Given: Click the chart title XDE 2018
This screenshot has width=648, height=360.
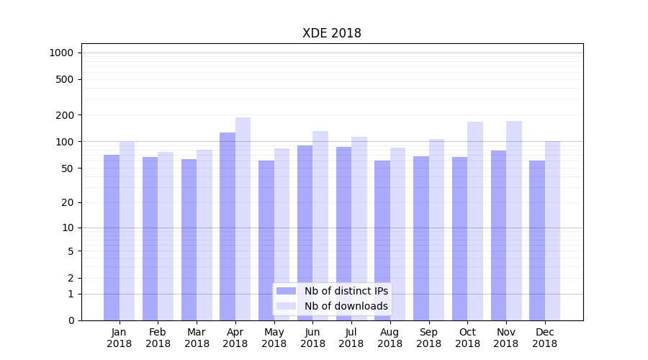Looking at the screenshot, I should click(331, 33).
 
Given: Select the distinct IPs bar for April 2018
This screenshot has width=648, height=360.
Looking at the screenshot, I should click(228, 226).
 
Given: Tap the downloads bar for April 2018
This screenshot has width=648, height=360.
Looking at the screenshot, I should click(243, 219).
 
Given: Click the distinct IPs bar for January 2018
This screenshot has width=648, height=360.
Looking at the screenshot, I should click(112, 238).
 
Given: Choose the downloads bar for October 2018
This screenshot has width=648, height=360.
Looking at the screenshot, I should click(475, 221).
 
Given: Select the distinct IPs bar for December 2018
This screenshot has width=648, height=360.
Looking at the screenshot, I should click(537, 240).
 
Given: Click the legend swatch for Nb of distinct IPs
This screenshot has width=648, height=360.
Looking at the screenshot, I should click(286, 291).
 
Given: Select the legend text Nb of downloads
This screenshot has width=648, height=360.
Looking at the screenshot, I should click(346, 306).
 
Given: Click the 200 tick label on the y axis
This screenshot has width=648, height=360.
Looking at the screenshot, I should click(65, 115).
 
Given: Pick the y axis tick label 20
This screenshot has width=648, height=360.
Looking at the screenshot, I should click(68, 202).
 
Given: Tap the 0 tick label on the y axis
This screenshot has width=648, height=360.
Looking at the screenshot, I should click(71, 320).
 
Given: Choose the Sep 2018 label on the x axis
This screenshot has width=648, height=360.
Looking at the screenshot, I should click(428, 338).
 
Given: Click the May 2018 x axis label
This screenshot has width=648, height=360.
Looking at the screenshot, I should click(274, 338).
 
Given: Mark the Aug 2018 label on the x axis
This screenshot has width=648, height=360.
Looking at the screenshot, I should click(390, 338).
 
